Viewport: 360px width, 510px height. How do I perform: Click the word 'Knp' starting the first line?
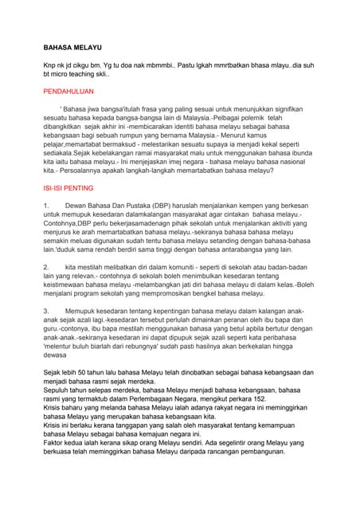[x=50, y=63]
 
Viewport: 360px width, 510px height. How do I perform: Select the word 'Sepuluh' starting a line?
[x=59, y=390]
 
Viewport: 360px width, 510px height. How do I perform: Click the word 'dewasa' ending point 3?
[x=58, y=356]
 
